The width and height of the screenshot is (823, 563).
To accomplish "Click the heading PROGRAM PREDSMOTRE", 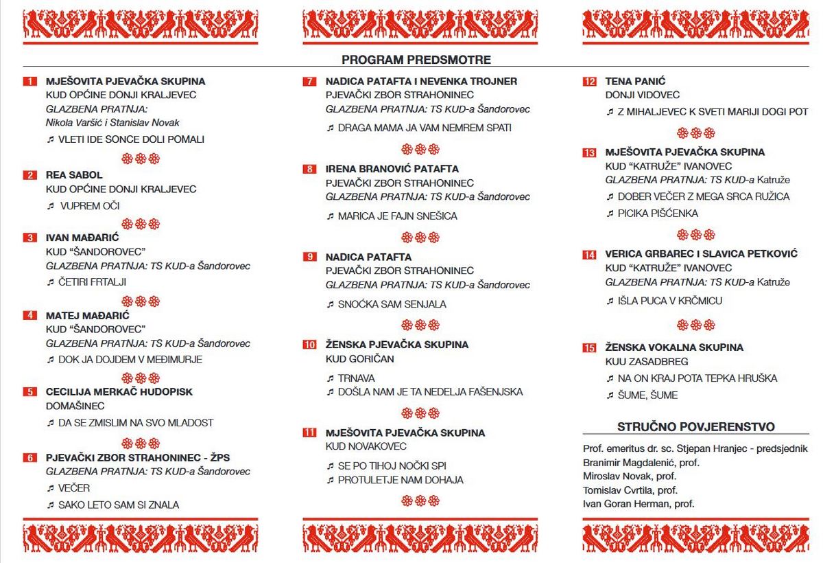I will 416,60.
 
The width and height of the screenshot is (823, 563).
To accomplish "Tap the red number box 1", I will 29,82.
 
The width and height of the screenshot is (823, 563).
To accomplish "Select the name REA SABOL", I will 74,175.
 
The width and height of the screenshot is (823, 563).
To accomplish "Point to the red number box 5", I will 29,392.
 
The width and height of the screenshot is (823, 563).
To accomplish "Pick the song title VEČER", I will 74,488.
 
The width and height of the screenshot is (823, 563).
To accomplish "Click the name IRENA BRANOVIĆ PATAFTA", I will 392,169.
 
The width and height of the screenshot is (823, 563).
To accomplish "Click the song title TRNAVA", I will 356,378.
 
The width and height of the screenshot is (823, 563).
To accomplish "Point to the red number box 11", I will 309,433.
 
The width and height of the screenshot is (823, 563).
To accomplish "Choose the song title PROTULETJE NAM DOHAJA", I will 401,480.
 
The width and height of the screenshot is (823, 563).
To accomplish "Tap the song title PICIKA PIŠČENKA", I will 658,214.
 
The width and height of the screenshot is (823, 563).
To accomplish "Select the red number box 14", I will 589,255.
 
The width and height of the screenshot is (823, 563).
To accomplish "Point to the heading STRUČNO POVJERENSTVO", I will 696,426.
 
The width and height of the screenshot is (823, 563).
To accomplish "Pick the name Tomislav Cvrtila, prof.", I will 630,490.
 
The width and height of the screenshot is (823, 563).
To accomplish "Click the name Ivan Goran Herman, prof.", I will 639,504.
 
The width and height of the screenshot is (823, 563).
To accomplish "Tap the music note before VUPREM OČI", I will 50,206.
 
